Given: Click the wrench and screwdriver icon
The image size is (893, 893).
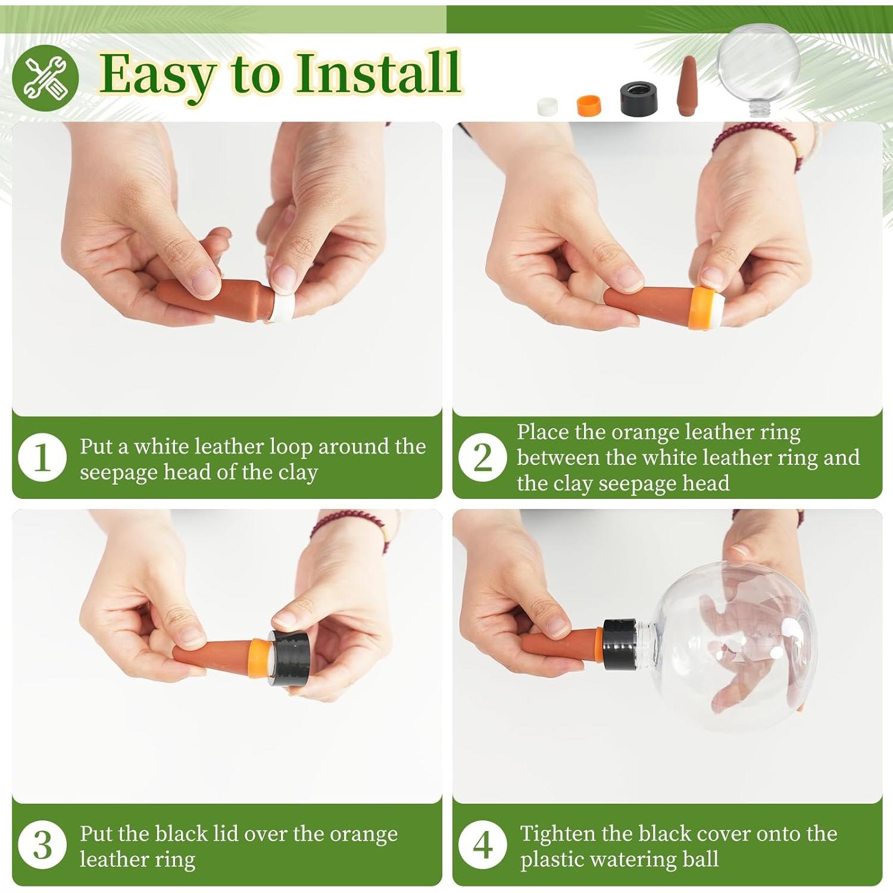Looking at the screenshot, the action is pos(45,78).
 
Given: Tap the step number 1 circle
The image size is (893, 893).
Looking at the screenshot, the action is pos(42,458).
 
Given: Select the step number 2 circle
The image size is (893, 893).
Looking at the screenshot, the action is pos(483,457).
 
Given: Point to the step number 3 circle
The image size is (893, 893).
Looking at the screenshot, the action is pos(42,845).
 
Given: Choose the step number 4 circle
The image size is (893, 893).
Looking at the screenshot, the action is pos(483,845).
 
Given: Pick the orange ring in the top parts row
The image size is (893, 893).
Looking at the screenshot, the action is pos(589,105).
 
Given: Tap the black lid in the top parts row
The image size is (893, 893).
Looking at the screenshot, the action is pos(639,99).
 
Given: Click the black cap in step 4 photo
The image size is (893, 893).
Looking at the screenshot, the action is pos(619,645).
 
